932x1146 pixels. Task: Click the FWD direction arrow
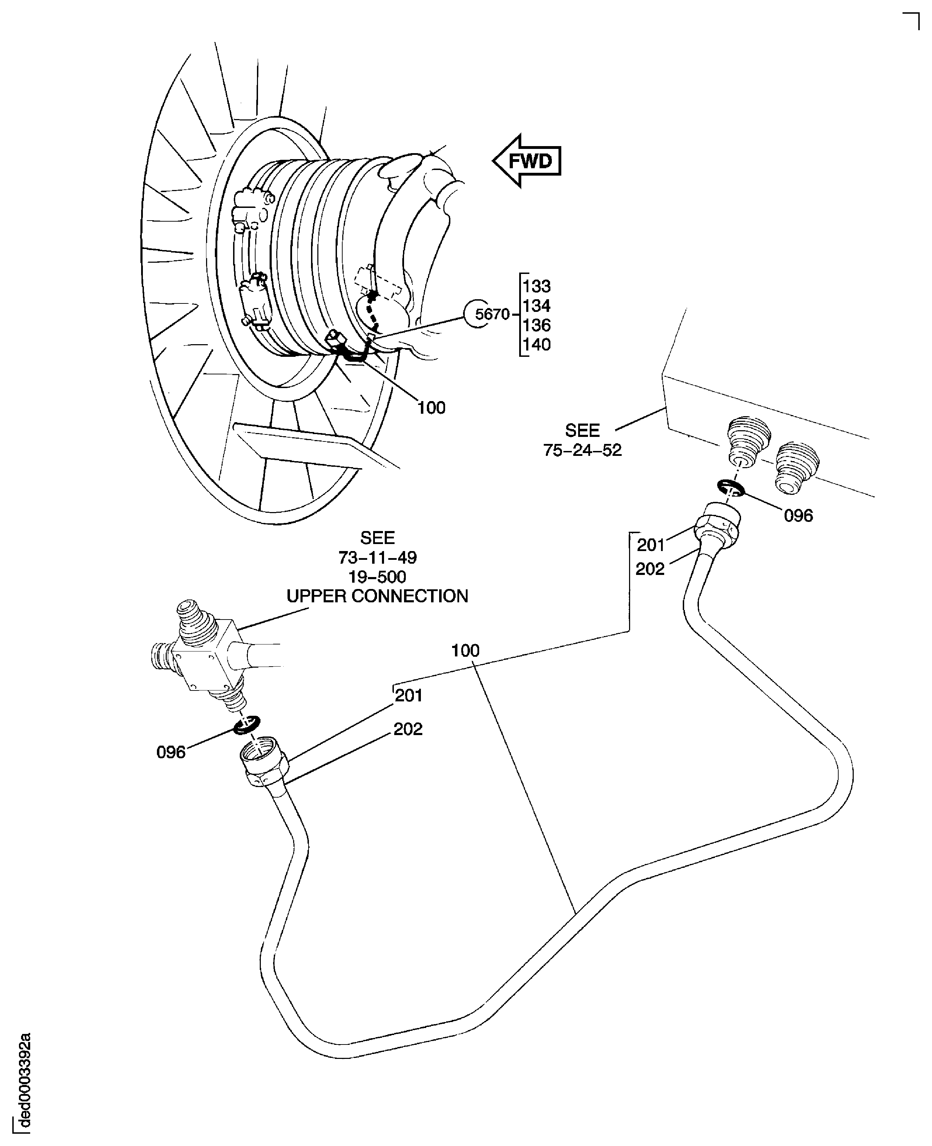point(528,161)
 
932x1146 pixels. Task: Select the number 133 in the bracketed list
point(536,286)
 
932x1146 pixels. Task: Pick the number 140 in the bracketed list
point(536,344)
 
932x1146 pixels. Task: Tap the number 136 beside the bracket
point(536,325)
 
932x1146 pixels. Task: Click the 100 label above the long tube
point(465,650)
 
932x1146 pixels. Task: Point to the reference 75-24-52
point(582,450)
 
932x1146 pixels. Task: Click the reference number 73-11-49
point(377,557)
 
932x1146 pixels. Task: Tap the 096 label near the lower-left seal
point(171,752)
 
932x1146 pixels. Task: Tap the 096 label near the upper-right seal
point(798,516)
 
